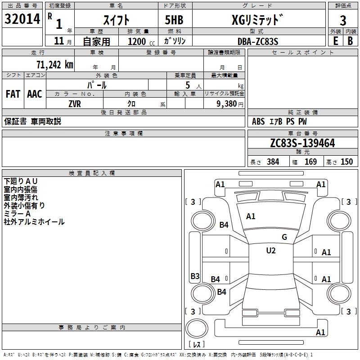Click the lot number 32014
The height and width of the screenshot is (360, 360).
point(22,19)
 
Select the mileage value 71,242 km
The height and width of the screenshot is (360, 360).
point(55,65)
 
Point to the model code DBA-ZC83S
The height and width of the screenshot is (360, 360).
point(258,41)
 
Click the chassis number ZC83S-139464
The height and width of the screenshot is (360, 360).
point(302,143)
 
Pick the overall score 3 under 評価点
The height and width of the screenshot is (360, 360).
point(343,21)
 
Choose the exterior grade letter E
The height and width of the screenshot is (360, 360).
point(335,41)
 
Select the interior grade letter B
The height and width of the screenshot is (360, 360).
point(350,41)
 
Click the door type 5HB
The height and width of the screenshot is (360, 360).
point(174,20)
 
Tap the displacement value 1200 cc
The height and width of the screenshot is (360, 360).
point(141,41)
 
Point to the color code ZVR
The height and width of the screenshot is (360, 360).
point(75,104)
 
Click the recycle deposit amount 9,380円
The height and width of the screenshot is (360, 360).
point(230,104)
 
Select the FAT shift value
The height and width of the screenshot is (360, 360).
point(13,94)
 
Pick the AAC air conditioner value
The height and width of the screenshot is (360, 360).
point(35,94)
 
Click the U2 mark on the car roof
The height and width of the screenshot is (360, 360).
point(271,251)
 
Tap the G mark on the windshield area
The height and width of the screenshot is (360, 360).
point(284,237)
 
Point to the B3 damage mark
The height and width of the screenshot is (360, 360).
point(195,276)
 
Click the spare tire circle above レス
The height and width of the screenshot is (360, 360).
point(197,328)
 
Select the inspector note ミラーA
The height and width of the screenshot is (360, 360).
point(17,214)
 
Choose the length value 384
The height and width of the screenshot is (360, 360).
point(273,162)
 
